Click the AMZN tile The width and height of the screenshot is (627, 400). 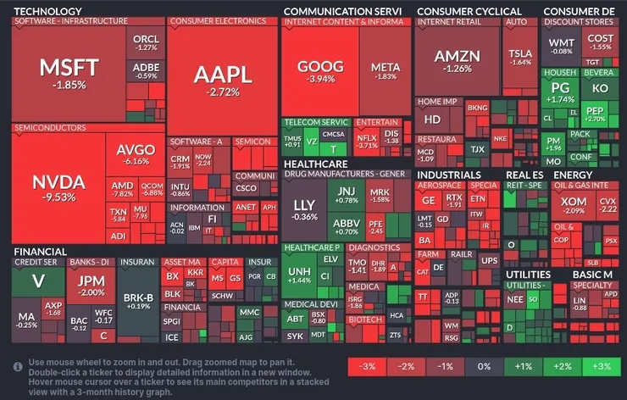pos(458,61)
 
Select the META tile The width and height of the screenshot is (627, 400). pos(386,71)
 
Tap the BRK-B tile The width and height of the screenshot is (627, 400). pos(138,300)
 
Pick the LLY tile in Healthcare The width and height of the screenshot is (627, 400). pos(304,210)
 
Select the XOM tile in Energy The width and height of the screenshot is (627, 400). pos(574,204)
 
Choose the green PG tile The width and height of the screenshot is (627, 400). pos(560,92)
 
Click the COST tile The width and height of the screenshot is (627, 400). pos(600,42)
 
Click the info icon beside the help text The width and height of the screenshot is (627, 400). pos(18,366)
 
